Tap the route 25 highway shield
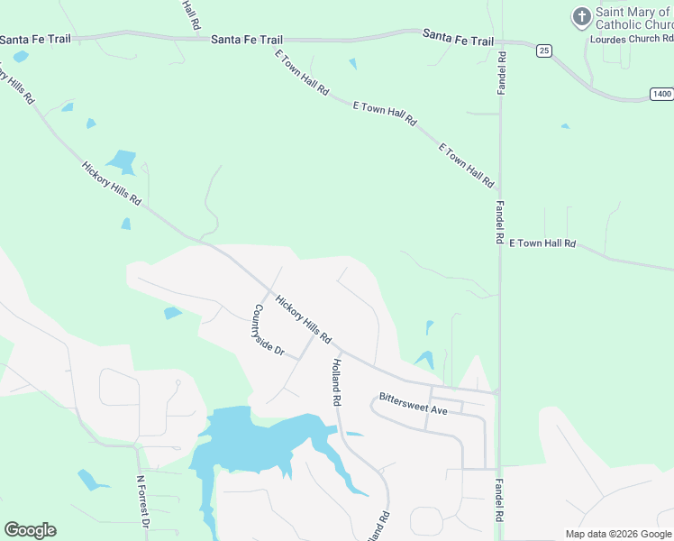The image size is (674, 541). click(543, 51)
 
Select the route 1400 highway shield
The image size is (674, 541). click(662, 94)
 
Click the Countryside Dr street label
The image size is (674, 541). click(268, 331)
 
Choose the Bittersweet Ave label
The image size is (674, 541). click(414, 403)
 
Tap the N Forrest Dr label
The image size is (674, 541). click(142, 501)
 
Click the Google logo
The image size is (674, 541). click(30, 530)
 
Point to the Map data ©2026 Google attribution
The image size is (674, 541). click(618, 534)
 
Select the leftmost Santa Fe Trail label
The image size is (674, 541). click(35, 40)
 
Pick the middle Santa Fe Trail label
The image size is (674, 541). click(247, 40)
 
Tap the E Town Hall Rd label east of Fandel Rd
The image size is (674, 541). click(542, 243)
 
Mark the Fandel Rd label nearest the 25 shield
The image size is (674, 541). click(502, 72)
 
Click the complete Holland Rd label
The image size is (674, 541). click(335, 380)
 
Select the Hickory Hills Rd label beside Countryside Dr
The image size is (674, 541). click(304, 320)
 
